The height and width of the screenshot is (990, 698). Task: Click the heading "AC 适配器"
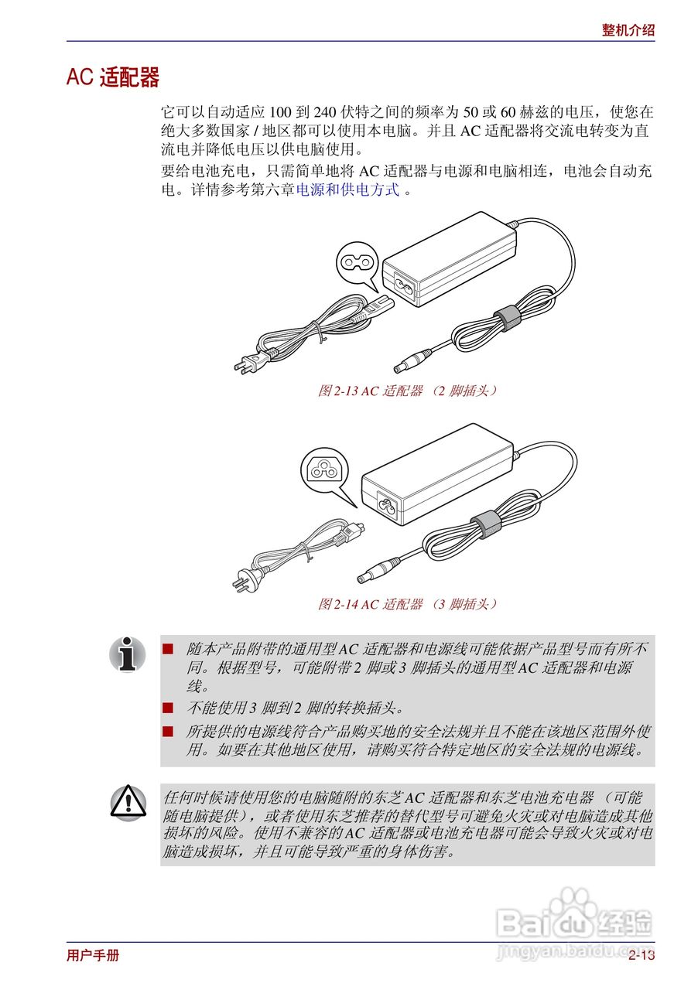tap(113, 78)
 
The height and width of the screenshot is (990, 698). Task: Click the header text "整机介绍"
tap(628, 30)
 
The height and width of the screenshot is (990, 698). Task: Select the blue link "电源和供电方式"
tap(348, 189)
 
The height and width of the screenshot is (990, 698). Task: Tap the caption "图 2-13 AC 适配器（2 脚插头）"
tap(408, 391)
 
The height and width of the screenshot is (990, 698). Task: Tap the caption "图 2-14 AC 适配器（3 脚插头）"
tap(408, 604)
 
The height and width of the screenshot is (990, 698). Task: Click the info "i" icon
tap(128, 654)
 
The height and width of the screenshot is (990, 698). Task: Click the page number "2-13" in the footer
tap(642, 955)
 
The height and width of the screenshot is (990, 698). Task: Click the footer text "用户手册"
tap(93, 955)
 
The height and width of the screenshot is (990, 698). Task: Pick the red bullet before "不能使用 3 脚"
tap(168, 707)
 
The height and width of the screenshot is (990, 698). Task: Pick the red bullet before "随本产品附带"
tap(168, 647)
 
